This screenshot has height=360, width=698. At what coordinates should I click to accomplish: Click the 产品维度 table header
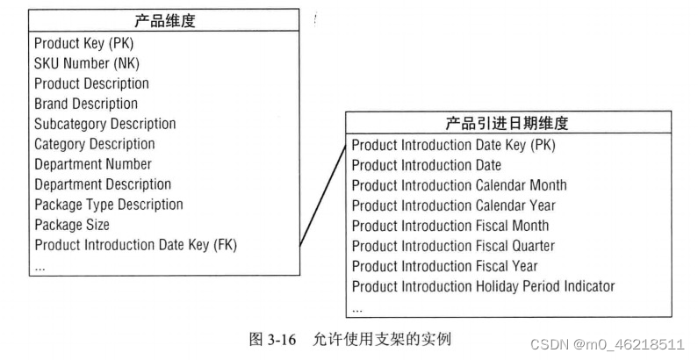click(x=164, y=22)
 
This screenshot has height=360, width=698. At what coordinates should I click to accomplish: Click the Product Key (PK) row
click(x=84, y=43)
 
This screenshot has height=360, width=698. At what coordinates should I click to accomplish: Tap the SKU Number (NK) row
click(x=87, y=63)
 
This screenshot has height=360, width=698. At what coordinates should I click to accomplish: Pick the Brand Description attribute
click(x=86, y=104)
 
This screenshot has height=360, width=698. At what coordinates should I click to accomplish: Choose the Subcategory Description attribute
click(x=104, y=124)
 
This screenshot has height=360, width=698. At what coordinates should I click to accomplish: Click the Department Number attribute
click(x=92, y=164)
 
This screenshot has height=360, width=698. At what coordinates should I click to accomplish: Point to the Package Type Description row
click(x=108, y=205)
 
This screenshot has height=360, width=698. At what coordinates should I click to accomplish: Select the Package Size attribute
click(x=72, y=225)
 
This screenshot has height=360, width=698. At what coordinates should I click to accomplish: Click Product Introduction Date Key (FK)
click(x=135, y=245)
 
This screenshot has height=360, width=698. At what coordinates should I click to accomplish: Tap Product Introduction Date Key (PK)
click(x=453, y=145)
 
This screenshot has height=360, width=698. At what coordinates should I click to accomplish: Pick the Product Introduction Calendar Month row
click(x=459, y=185)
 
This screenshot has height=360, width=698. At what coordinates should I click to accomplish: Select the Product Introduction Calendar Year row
click(x=454, y=205)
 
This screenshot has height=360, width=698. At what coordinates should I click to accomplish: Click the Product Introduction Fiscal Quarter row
click(x=453, y=246)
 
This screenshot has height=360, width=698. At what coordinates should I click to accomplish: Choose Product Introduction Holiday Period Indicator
click(x=483, y=286)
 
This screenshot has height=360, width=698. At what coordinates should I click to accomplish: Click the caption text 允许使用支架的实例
click(x=382, y=338)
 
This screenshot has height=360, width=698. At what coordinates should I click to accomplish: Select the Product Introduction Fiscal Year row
click(x=444, y=266)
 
